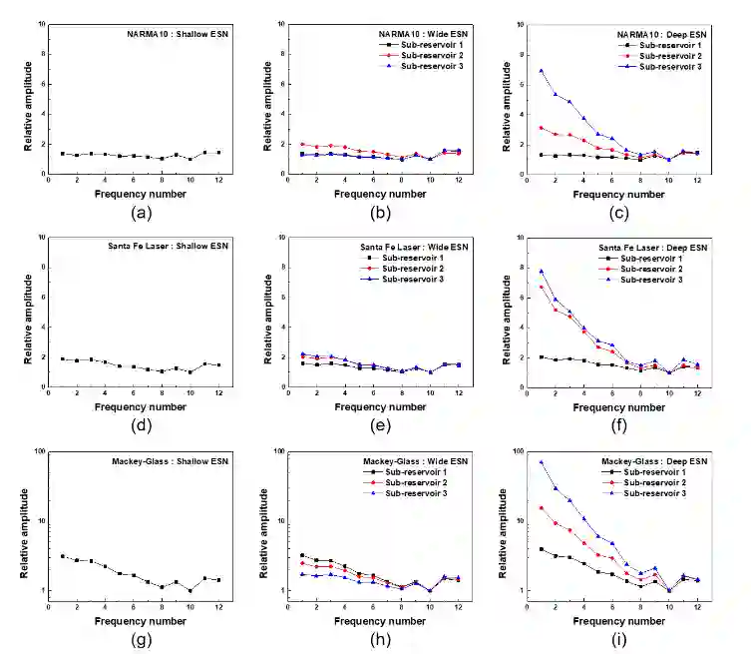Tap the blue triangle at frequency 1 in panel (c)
point(541,71)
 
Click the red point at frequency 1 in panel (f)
point(541,288)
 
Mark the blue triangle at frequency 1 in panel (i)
point(541,462)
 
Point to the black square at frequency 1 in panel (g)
point(62,556)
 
